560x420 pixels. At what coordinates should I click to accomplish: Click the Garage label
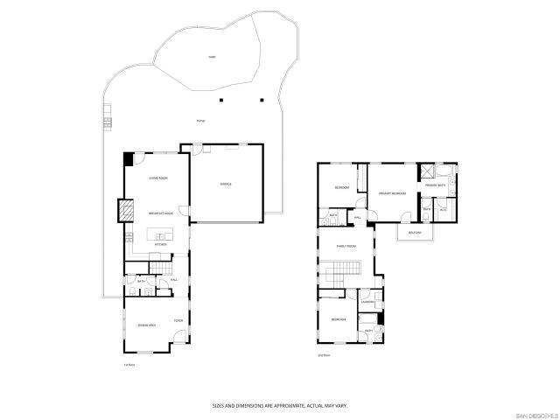point(226,185)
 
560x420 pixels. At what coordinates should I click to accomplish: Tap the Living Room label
point(158,178)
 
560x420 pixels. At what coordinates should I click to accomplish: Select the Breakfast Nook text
point(160,213)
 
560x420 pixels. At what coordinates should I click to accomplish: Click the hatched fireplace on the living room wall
point(125,210)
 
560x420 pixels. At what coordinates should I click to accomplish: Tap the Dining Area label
point(147,325)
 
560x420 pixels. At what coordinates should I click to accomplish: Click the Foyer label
point(178,320)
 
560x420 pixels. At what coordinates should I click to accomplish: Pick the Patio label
point(200,122)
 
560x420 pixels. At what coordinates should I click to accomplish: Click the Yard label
point(212,58)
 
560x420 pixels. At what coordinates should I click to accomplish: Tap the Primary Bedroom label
point(391,192)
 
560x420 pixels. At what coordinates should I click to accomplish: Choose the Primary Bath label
point(435,185)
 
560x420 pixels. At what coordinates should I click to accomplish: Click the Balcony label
point(414,233)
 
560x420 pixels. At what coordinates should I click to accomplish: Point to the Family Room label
point(346,247)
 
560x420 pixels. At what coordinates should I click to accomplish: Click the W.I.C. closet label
point(443,210)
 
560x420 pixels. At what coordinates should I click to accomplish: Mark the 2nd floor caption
point(324,354)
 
